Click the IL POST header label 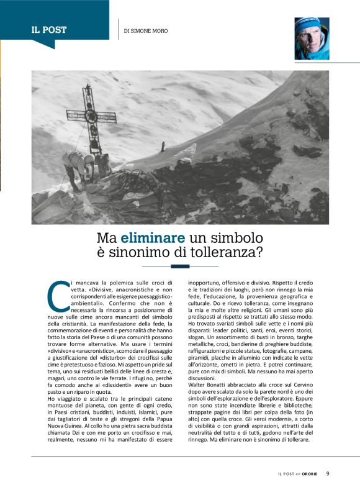click(x=49, y=30)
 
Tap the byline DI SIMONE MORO click(x=146, y=30)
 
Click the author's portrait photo click(x=312, y=39)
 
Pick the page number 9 click(x=328, y=473)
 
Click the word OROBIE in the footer click(x=311, y=474)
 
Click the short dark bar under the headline click(x=180, y=266)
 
